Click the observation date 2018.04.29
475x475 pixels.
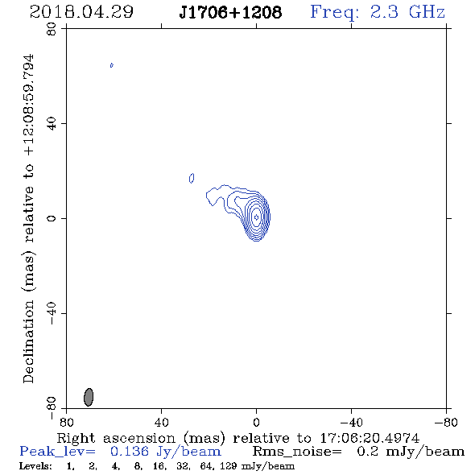click(81, 12)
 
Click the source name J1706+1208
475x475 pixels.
click(230, 12)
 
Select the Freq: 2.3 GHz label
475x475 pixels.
click(378, 12)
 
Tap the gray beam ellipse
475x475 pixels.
click(89, 397)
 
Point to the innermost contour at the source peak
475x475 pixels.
click(256, 217)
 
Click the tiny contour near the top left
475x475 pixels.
click(112, 65)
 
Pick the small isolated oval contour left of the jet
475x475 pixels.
click(192, 178)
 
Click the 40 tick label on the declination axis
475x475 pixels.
click(52, 123)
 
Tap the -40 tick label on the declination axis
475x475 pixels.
click(52, 313)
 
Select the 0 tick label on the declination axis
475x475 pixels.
click(52, 218)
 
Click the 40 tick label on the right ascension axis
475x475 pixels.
click(162, 422)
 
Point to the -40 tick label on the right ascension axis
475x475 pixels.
click(351, 422)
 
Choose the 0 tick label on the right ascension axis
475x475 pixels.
click(256, 422)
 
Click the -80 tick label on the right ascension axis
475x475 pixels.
click(446, 422)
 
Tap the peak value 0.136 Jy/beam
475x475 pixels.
click(165, 452)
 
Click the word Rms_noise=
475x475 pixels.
click(297, 452)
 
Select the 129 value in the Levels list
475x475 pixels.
click(229, 466)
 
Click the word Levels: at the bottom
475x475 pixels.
click(35, 466)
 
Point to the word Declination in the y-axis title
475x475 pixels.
click(28, 341)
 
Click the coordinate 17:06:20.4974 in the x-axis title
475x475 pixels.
click(370, 438)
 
